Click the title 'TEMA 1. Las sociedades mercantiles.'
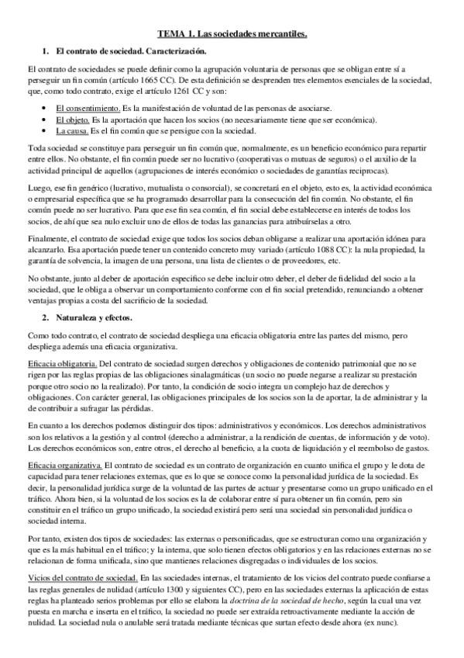[232, 34]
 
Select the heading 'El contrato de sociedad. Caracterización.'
[130, 51]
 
